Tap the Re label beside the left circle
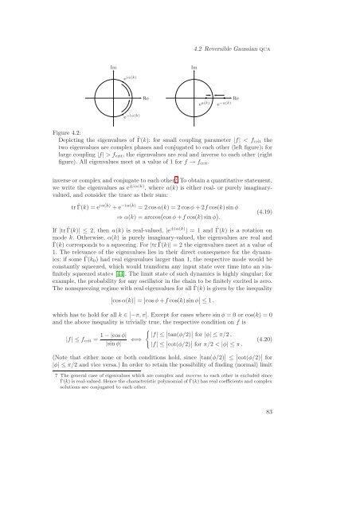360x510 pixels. click(146, 97)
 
